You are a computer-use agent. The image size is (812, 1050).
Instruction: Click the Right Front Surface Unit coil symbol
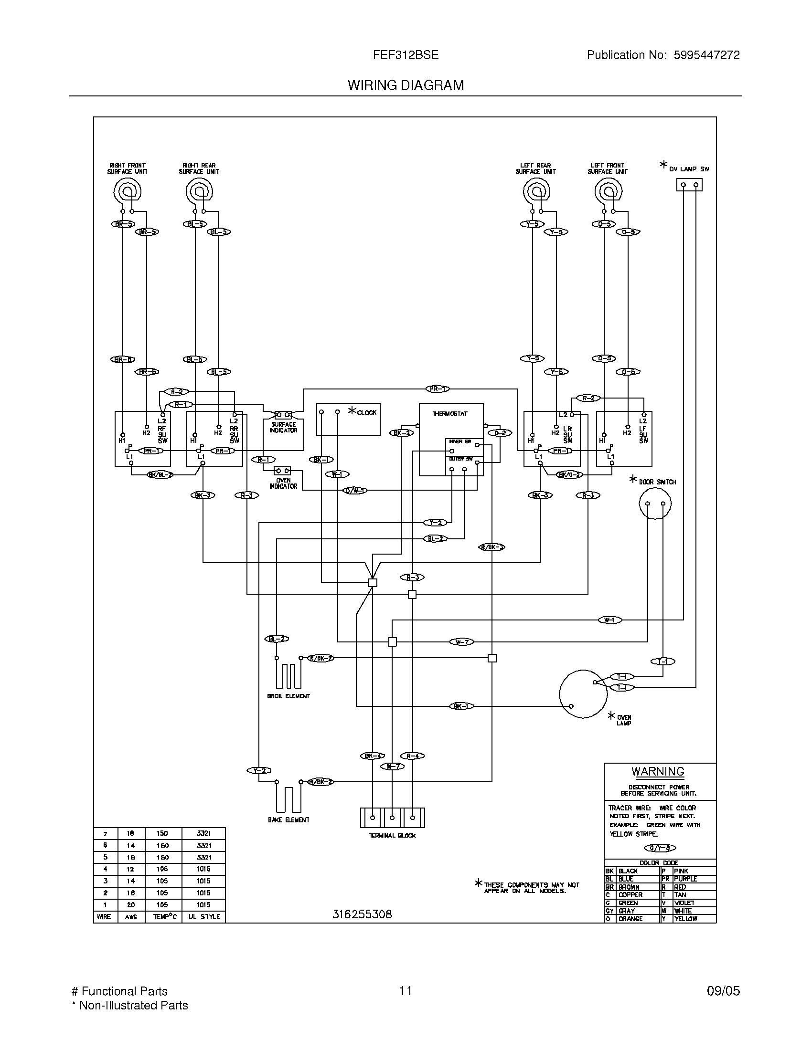(128, 192)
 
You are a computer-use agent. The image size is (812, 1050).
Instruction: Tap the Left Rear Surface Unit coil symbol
(536, 192)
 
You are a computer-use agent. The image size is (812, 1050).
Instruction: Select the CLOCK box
(348, 419)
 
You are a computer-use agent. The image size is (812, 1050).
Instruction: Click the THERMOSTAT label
(450, 413)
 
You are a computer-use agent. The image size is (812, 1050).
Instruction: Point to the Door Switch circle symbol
(655, 504)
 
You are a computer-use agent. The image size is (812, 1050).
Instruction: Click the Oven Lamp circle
(583, 694)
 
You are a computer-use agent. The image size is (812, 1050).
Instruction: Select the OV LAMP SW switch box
(689, 185)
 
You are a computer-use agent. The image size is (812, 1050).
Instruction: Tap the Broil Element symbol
(288, 675)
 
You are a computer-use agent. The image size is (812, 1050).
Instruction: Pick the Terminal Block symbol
(392, 817)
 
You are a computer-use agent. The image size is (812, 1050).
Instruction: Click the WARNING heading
(658, 771)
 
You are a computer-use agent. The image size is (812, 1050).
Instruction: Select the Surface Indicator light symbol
(283, 414)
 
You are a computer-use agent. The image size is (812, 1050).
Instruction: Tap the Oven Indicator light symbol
(282, 470)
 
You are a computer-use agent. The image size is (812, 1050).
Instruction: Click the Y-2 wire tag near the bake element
(259, 771)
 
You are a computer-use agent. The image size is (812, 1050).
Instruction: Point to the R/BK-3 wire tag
(491, 547)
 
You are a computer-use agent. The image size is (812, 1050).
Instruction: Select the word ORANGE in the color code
(630, 919)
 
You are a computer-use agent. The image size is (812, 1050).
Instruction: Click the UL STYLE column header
(204, 917)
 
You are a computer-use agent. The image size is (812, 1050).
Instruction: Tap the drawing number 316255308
(362, 914)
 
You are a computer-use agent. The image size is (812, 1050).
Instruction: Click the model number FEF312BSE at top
(406, 55)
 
